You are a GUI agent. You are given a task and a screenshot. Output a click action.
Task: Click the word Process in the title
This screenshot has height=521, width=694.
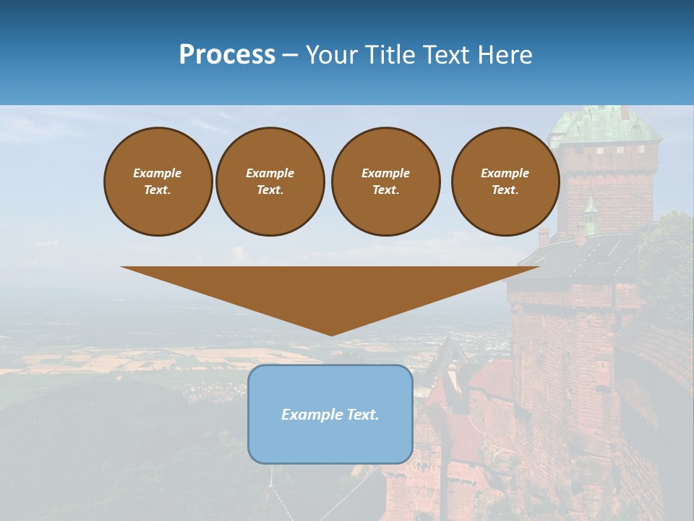(x=227, y=55)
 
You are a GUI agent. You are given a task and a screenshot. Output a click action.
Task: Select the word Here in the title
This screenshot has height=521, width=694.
(x=505, y=55)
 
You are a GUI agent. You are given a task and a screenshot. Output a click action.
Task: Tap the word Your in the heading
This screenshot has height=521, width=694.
(x=332, y=55)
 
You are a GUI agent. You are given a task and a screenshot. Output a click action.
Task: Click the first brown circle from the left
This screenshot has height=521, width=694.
(x=158, y=182)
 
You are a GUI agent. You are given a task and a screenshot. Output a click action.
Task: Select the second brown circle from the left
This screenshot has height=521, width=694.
(x=270, y=182)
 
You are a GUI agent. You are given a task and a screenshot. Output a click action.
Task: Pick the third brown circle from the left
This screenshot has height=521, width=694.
(x=385, y=182)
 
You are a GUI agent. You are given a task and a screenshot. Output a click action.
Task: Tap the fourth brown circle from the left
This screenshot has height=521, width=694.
(x=505, y=182)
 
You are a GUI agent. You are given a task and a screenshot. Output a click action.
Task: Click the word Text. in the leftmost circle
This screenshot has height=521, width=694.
(x=158, y=190)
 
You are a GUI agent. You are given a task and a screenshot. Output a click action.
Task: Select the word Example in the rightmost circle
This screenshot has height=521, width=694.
(x=505, y=173)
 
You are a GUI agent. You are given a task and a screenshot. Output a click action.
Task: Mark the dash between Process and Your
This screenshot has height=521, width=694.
(x=290, y=55)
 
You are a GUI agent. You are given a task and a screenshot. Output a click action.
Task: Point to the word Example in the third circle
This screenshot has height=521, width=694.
(x=385, y=173)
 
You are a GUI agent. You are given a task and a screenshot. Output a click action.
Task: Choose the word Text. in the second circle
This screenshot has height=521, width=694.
(x=270, y=190)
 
